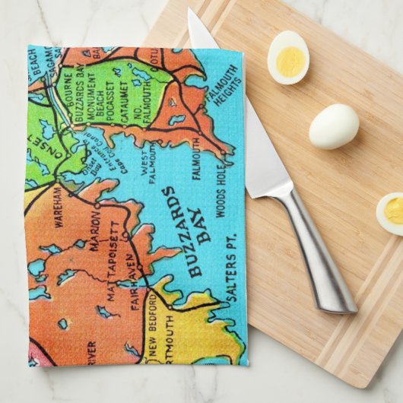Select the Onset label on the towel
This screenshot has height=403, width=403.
click(x=38, y=144)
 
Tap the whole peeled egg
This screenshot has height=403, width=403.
click(x=333, y=125)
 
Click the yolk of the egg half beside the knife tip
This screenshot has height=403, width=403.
click(x=288, y=60)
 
